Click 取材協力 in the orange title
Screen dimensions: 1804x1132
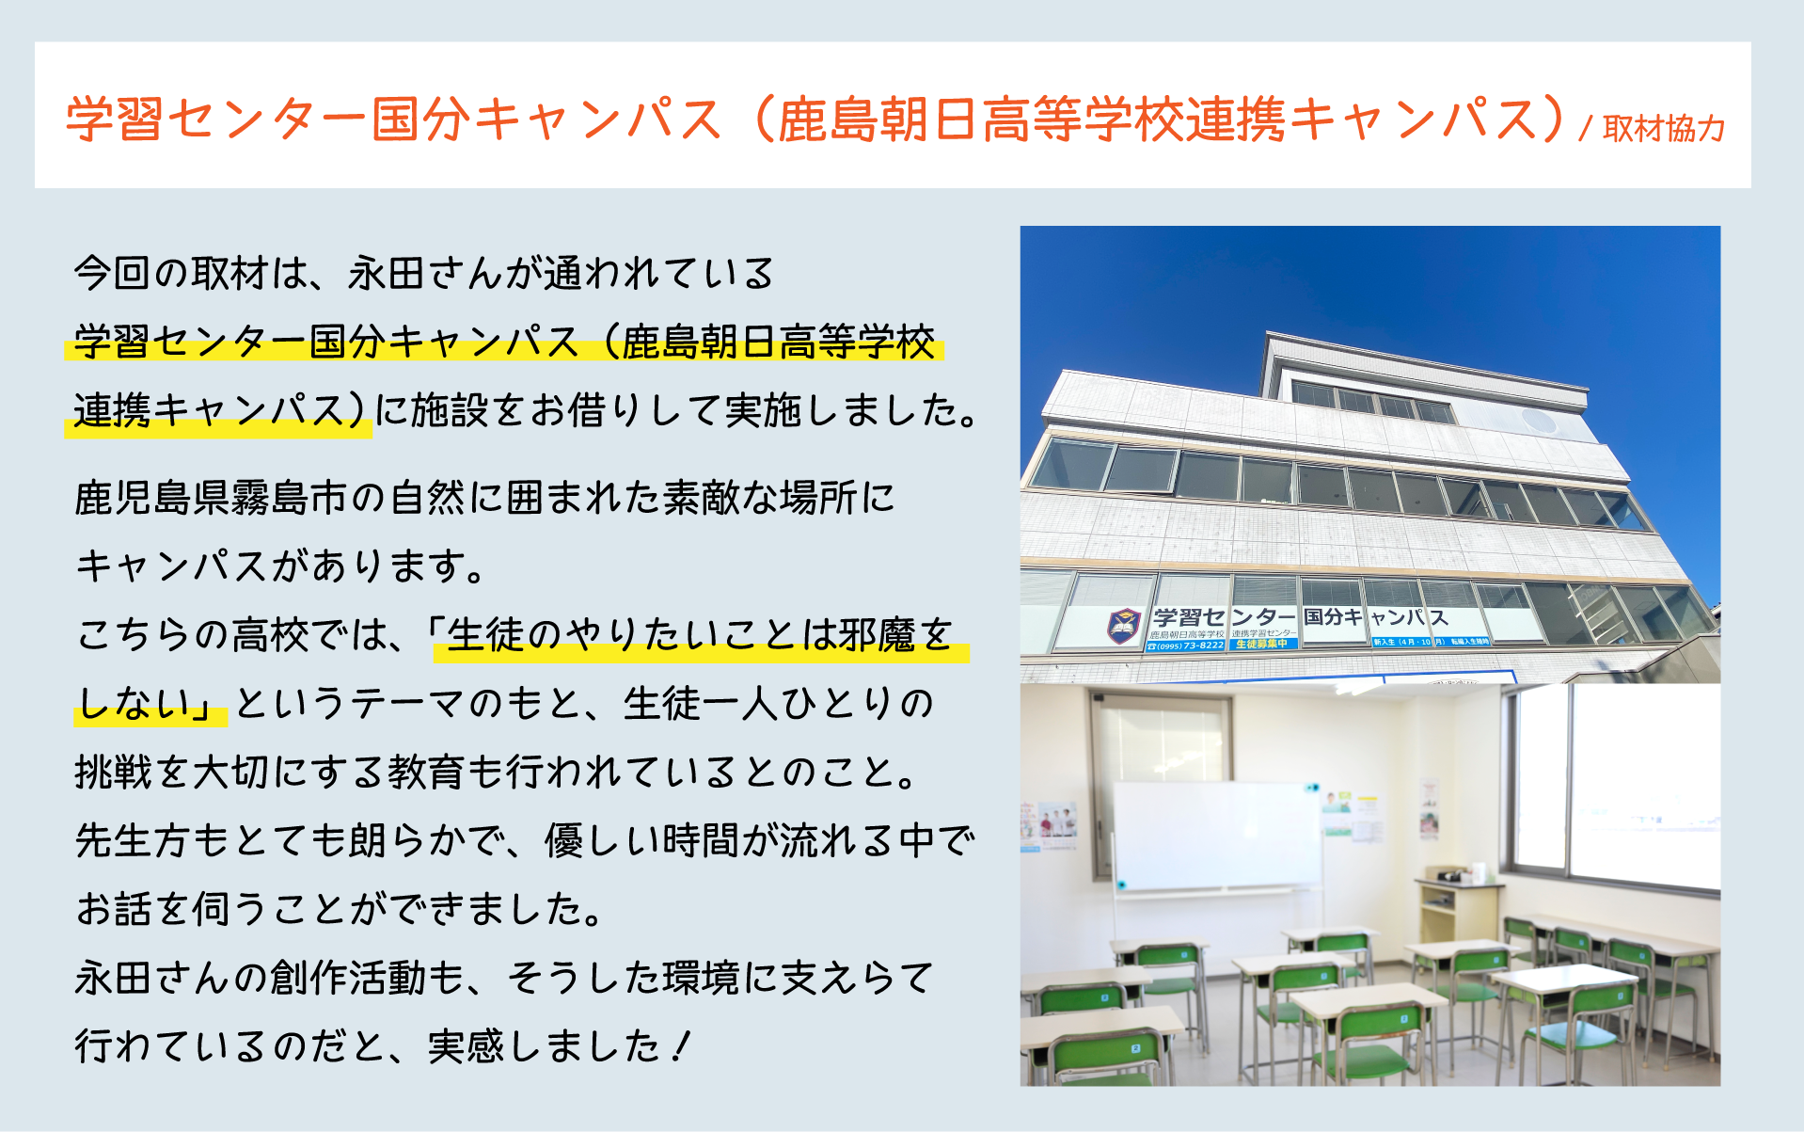(x=1663, y=129)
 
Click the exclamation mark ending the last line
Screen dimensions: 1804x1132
(x=682, y=1046)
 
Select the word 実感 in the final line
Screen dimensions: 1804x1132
(x=467, y=1046)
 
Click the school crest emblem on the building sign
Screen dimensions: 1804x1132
(x=1123, y=626)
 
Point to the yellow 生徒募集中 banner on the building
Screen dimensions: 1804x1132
(x=1262, y=644)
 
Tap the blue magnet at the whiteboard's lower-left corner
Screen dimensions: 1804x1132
(x=1121, y=885)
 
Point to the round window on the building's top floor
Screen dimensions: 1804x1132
(x=1539, y=420)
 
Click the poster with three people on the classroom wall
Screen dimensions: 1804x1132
(x=1058, y=822)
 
